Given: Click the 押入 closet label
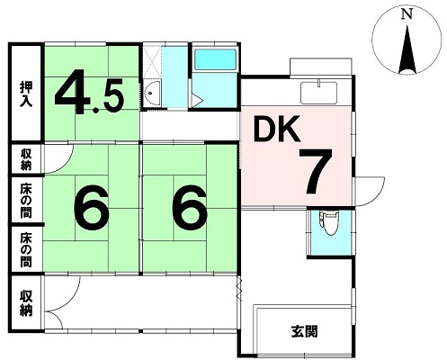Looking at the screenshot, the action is [x=26, y=94].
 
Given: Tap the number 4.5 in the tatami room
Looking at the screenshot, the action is [x=89, y=92].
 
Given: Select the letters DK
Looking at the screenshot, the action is [x=276, y=129].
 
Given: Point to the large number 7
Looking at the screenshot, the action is [x=315, y=172].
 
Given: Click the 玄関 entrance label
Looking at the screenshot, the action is [x=304, y=332].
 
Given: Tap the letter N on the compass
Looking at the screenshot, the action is [x=407, y=13].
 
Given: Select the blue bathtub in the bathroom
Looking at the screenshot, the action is [x=215, y=59].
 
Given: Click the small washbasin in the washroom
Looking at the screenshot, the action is [x=152, y=93].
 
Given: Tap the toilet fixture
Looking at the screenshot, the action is [x=329, y=222].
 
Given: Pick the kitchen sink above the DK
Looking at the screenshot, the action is [x=319, y=92].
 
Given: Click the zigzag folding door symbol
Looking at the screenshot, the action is [x=239, y=289].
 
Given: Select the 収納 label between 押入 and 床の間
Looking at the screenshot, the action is [x=26, y=160].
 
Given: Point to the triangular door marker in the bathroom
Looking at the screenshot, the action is [x=196, y=100].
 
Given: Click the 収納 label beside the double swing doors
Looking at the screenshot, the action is [x=26, y=303].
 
